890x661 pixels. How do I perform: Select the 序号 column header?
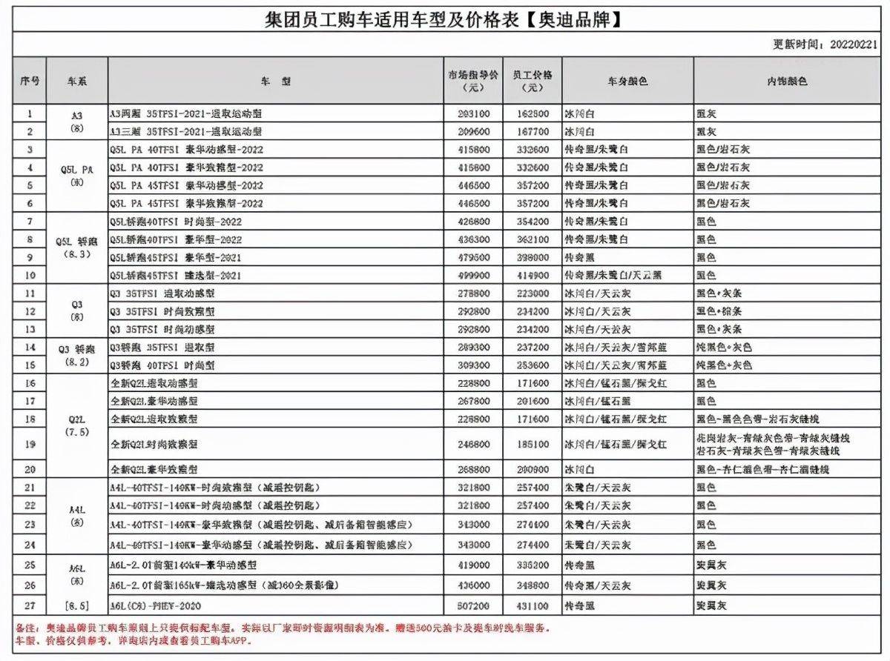pyautogui.click(x=30, y=80)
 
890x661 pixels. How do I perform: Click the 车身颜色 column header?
pyautogui.click(x=627, y=80)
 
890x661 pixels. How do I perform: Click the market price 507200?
pyautogui.click(x=473, y=604)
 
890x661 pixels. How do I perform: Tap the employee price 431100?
pyautogui.click(x=532, y=604)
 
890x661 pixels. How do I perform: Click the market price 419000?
pyautogui.click(x=473, y=565)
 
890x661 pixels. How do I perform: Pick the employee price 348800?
pyautogui.click(x=532, y=585)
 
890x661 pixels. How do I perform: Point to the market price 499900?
pyautogui.click(x=473, y=275)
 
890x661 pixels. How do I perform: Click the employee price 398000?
pyautogui.click(x=532, y=257)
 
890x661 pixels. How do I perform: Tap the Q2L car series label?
pyautogui.click(x=76, y=419)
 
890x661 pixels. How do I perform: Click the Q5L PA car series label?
pyautogui.click(x=76, y=168)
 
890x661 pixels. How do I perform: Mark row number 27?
pyautogui.click(x=30, y=604)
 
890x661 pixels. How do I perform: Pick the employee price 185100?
pyautogui.click(x=532, y=444)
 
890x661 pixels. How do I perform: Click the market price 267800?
pyautogui.click(x=473, y=401)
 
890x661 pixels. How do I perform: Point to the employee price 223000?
pyautogui.click(x=532, y=293)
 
